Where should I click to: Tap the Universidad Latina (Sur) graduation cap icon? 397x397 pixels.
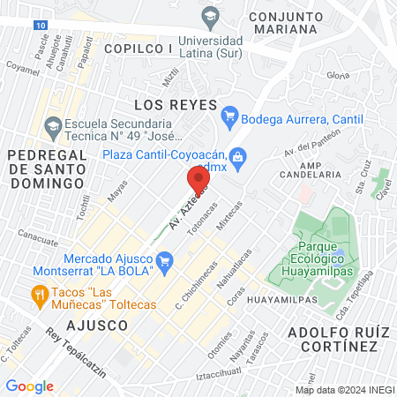tap(210, 15)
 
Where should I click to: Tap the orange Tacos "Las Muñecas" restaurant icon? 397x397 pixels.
tap(39, 293)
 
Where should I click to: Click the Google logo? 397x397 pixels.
tap(29, 386)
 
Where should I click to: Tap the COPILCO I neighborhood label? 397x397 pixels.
tap(138, 49)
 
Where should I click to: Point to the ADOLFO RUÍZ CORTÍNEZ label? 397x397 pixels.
tap(337, 340)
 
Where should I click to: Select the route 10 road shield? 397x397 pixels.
tap(42, 26)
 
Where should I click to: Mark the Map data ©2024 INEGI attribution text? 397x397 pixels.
tap(344, 389)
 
